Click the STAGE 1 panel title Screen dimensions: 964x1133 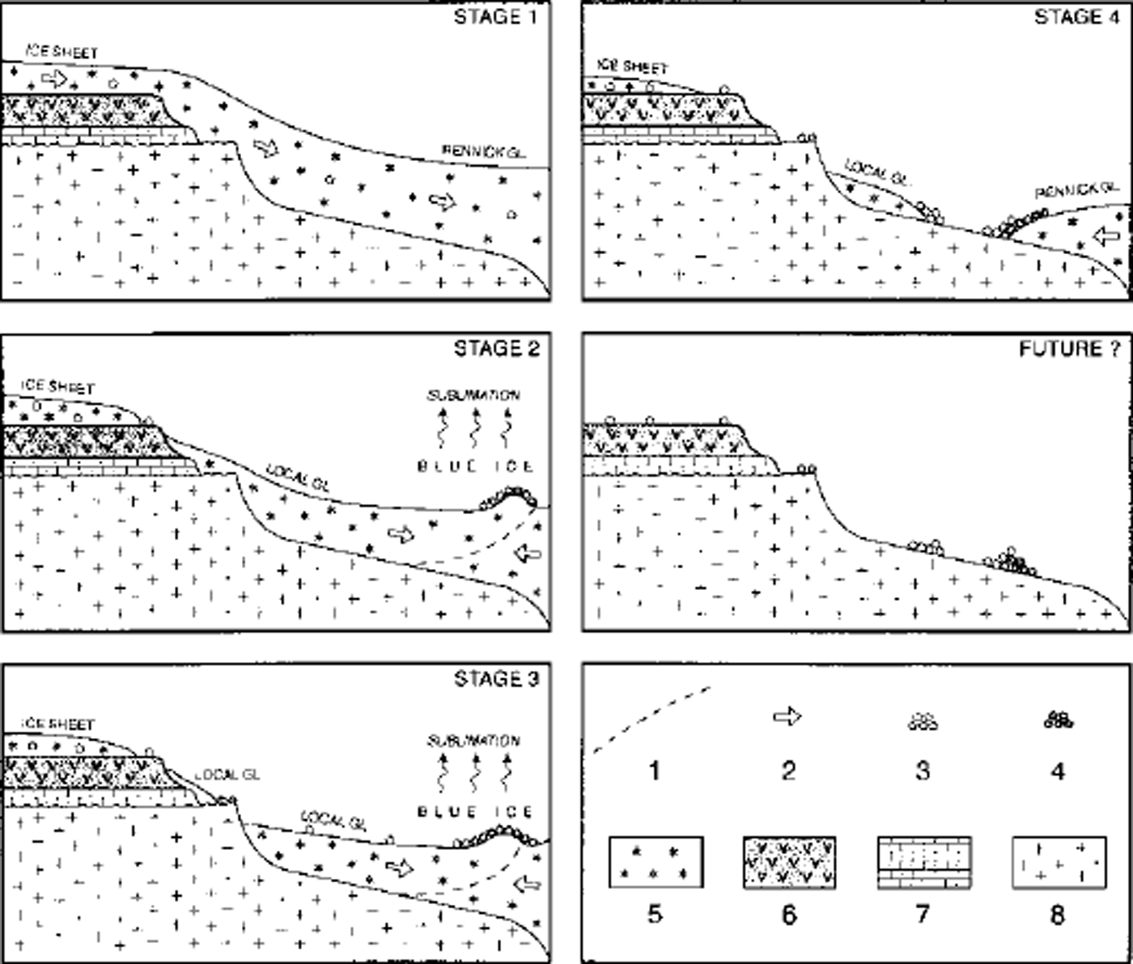click(495, 17)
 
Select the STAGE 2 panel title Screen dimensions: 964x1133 click(495, 348)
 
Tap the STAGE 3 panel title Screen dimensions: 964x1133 click(495, 678)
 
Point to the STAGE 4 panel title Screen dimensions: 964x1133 click(1078, 17)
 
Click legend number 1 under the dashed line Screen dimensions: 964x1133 click(655, 770)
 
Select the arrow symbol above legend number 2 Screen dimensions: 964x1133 click(787, 716)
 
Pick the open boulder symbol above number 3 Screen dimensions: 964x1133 click(923, 720)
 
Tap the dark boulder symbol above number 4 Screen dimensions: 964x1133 click(1058, 719)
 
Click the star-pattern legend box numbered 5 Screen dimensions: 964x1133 click(656, 863)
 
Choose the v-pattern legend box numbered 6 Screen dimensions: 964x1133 click(789, 863)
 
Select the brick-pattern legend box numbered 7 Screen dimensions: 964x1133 click(923, 863)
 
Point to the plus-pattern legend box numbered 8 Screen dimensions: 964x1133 click(1059, 863)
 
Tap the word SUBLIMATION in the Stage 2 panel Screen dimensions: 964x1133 click(473, 396)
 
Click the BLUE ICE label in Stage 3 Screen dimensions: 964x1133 click(475, 812)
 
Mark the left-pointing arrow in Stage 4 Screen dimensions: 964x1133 click(1105, 236)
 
